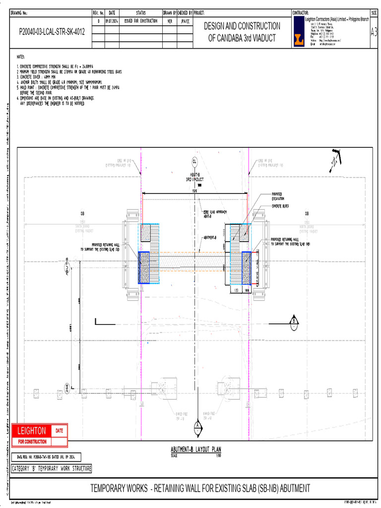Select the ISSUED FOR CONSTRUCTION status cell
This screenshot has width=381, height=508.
pos(141,21)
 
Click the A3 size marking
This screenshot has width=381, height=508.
pos(374,32)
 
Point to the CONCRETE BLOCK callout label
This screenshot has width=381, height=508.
pos(280,205)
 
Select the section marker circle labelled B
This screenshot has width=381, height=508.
pos(294,321)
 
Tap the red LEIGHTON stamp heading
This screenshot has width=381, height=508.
pos(32,431)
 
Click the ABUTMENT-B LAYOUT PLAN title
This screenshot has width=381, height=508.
pos(196,449)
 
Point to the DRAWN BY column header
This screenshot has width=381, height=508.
pos(170,12)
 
